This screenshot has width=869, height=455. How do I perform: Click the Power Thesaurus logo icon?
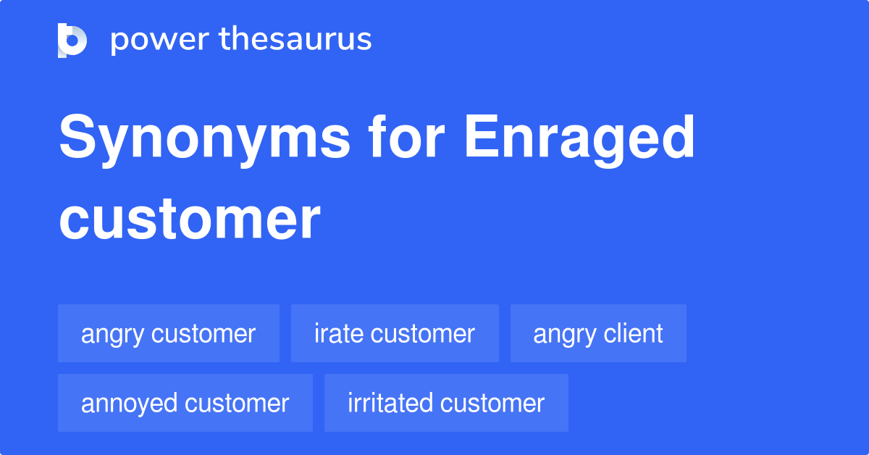click(72, 40)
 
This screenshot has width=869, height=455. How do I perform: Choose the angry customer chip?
click(168, 334)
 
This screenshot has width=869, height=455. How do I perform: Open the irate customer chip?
click(395, 334)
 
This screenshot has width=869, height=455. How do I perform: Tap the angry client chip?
click(598, 334)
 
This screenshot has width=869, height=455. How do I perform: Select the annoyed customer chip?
click(185, 404)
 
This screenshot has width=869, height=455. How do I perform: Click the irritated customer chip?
click(446, 404)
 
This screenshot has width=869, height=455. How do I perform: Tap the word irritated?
click(390, 404)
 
